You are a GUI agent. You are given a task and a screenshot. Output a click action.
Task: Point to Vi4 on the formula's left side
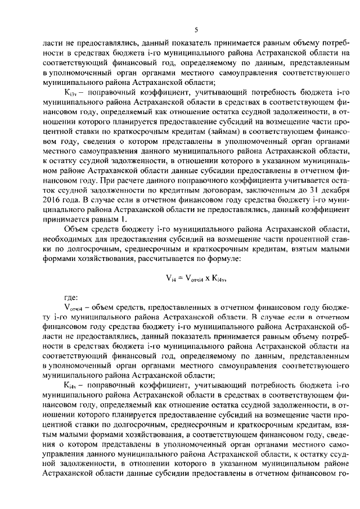(x=170, y=277)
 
